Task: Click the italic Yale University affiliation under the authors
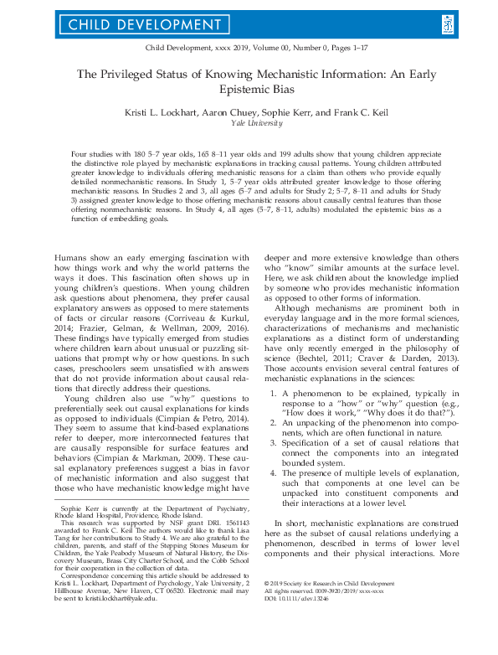coord(249,121)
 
